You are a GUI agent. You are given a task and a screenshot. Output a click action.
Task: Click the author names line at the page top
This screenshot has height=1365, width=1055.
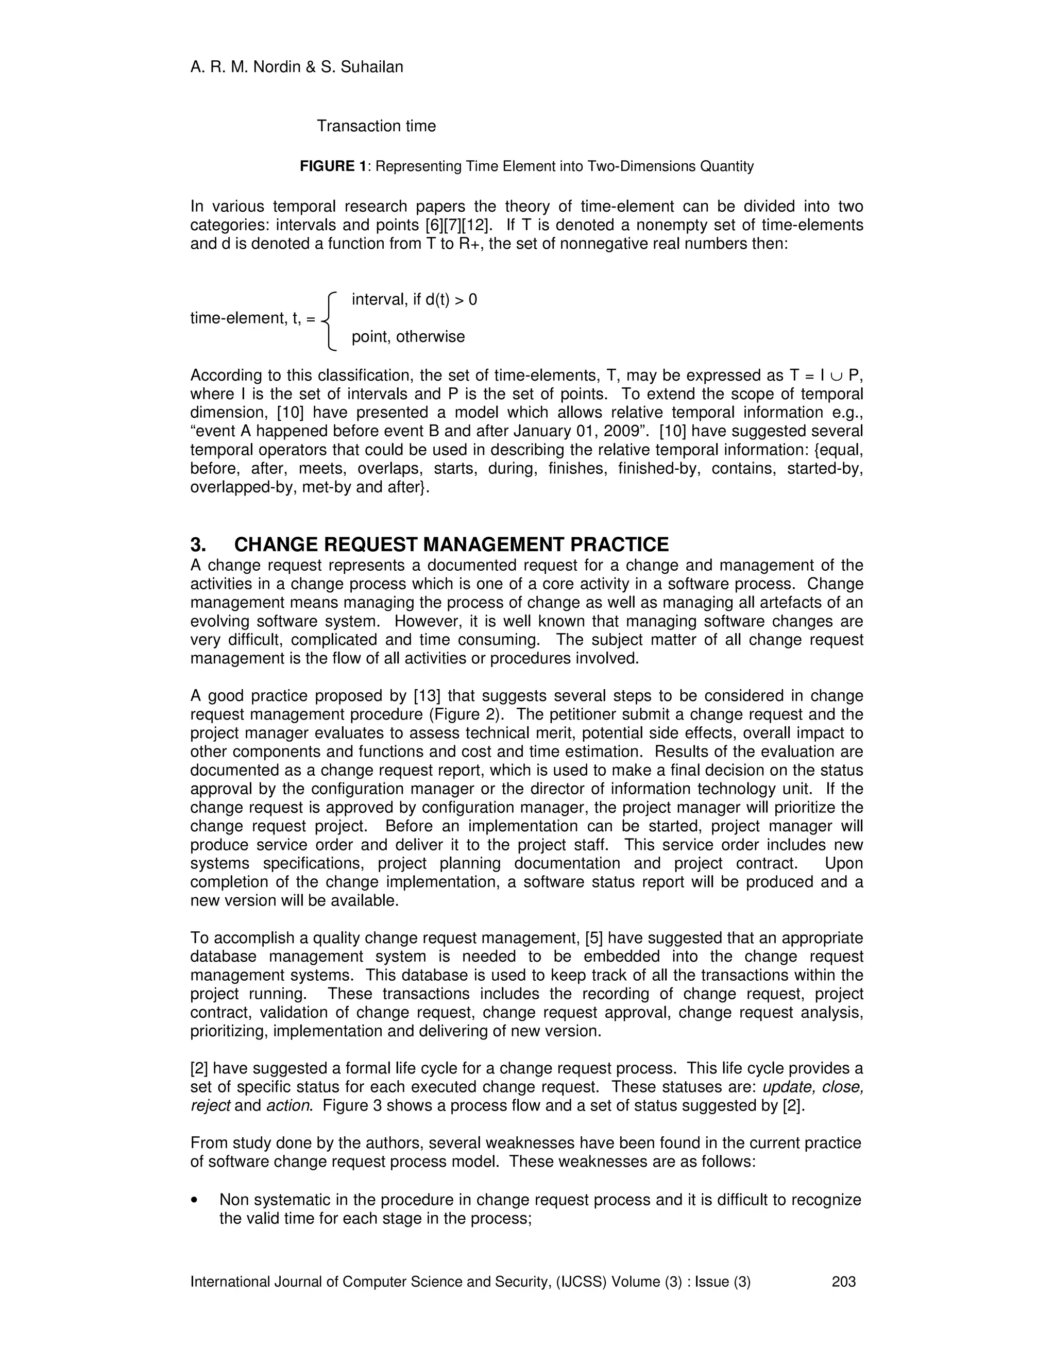click(296, 67)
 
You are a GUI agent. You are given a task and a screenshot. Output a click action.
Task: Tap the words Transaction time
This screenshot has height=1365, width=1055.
click(376, 126)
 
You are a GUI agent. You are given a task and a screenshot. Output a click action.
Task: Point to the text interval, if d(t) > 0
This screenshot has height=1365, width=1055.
click(414, 300)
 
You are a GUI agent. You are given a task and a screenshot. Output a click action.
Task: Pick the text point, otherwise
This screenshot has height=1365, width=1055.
click(408, 337)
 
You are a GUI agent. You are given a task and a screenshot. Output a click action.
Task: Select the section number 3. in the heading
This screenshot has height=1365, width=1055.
click(198, 545)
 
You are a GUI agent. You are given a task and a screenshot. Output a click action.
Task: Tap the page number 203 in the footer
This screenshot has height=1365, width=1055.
click(843, 1282)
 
